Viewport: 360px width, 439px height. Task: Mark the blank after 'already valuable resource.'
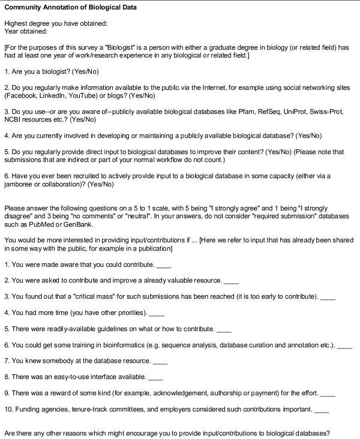pyautogui.click(x=231, y=281)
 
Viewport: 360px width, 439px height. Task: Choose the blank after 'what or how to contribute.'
pyautogui.click(x=224, y=329)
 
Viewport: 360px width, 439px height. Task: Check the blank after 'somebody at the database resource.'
pyautogui.click(x=160, y=362)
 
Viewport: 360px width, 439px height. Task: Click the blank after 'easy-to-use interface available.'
pyautogui.click(x=155, y=378)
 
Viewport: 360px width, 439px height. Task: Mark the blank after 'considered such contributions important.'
pyautogui.click(x=322, y=410)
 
